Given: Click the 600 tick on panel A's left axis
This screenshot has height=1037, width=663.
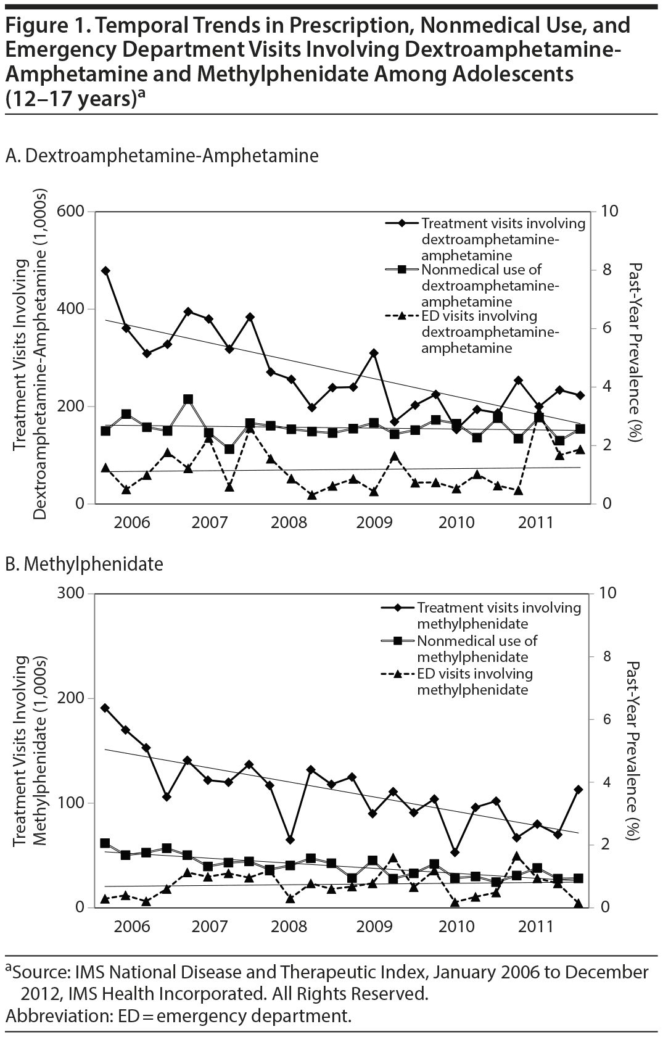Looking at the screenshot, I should click(72, 212).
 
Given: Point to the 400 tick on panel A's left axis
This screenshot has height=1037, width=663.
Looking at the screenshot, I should click(72, 309).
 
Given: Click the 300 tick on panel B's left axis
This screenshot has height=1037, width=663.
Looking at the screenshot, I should click(72, 593).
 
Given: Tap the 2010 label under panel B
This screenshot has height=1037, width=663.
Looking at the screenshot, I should click(456, 926).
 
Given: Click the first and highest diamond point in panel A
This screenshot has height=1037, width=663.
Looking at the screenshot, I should click(105, 271).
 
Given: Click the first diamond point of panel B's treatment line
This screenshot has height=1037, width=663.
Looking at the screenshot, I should click(105, 708).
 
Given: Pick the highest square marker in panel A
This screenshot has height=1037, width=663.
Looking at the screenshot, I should click(188, 400).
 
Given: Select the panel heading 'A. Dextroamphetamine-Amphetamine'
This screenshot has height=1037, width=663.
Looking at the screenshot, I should click(162, 155).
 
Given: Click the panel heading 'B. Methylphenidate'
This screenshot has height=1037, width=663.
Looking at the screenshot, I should click(84, 564).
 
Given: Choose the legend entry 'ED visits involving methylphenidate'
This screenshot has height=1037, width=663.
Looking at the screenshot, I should click(474, 681).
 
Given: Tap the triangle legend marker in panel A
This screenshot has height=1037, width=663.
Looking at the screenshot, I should click(401, 317).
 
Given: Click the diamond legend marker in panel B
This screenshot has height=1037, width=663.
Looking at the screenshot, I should click(397, 608).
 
